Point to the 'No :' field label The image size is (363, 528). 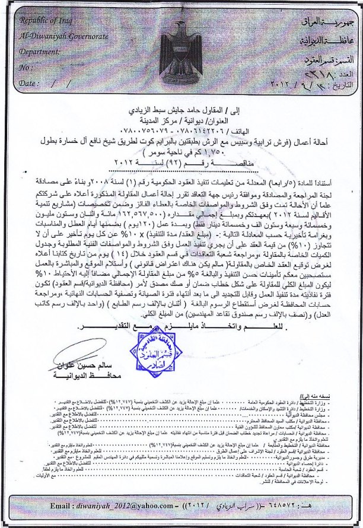[x=26, y=68]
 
